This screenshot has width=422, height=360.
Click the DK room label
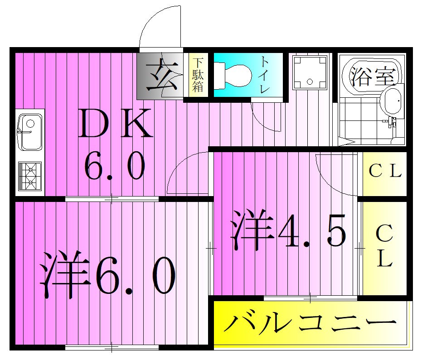(115, 124)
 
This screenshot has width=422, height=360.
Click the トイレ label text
(264, 75)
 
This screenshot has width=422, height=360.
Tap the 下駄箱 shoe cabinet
(198, 75)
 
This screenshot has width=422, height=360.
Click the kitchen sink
(30, 132)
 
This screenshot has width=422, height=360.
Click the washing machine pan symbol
(310, 72)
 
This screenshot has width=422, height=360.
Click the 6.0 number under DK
(114, 166)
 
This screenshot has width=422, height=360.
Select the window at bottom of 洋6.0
(112, 348)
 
